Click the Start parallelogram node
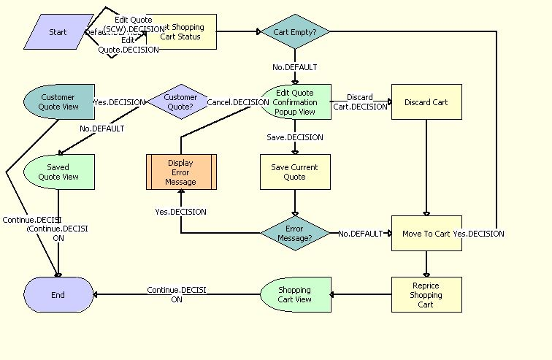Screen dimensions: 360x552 click(x=58, y=32)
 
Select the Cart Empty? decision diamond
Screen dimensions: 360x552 click(x=295, y=32)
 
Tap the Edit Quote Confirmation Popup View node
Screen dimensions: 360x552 click(x=295, y=102)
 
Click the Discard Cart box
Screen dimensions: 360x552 click(x=426, y=102)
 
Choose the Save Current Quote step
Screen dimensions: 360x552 click(x=295, y=172)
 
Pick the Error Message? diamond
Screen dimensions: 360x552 click(x=295, y=234)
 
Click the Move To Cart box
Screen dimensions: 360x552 click(x=426, y=234)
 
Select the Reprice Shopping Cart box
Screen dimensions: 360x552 click(x=426, y=294)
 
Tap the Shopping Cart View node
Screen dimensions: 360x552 click(x=295, y=294)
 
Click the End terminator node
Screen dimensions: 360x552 click(x=58, y=295)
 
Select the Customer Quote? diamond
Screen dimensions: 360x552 click(x=180, y=102)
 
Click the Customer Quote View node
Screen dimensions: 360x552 click(x=58, y=102)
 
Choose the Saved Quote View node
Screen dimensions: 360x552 click(x=58, y=172)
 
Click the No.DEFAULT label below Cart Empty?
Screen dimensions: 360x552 click(x=295, y=67)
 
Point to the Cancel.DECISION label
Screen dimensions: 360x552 click(x=238, y=102)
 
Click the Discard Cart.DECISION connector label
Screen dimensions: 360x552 click(x=360, y=102)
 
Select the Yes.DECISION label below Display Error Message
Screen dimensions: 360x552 click(x=180, y=212)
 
